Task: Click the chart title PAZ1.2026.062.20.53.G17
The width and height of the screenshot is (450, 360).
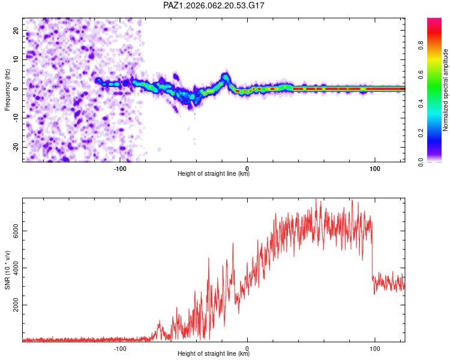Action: click(214, 5)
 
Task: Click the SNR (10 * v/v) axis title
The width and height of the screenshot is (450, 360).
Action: click(7, 271)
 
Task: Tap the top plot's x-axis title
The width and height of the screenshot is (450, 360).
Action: click(214, 173)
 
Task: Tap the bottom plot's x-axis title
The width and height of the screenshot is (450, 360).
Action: click(214, 353)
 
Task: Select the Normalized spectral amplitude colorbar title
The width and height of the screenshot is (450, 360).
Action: click(446, 90)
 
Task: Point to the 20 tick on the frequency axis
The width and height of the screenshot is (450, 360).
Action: click(16, 30)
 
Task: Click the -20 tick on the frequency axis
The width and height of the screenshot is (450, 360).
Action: click(15, 147)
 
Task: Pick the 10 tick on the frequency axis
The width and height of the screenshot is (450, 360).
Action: click(16, 59)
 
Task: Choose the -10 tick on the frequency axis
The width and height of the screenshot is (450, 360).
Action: click(15, 118)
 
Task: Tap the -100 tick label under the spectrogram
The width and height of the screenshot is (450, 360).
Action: click(119, 167)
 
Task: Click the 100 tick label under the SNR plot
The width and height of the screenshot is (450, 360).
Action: click(375, 347)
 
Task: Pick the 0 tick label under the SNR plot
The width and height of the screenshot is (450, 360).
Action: click(248, 347)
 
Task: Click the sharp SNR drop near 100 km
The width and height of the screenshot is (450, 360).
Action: click(373, 252)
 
